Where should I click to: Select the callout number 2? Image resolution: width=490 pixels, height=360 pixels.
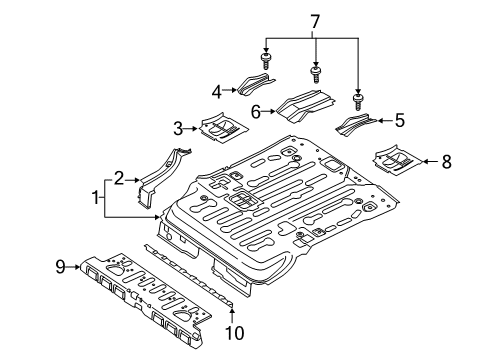118,178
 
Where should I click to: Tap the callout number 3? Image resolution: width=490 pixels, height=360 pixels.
177,127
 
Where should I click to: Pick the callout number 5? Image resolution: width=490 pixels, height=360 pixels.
399,121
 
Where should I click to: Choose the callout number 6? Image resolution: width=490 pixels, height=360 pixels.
256,113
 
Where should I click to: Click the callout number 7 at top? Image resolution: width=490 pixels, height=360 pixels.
316,20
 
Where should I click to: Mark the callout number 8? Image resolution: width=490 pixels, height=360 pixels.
446,159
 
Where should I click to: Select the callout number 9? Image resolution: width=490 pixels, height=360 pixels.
59,266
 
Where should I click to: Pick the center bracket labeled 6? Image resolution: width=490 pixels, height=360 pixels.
303,105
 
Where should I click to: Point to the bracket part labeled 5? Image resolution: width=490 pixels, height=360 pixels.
357,126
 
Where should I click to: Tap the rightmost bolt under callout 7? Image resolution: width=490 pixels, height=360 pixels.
357,102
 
